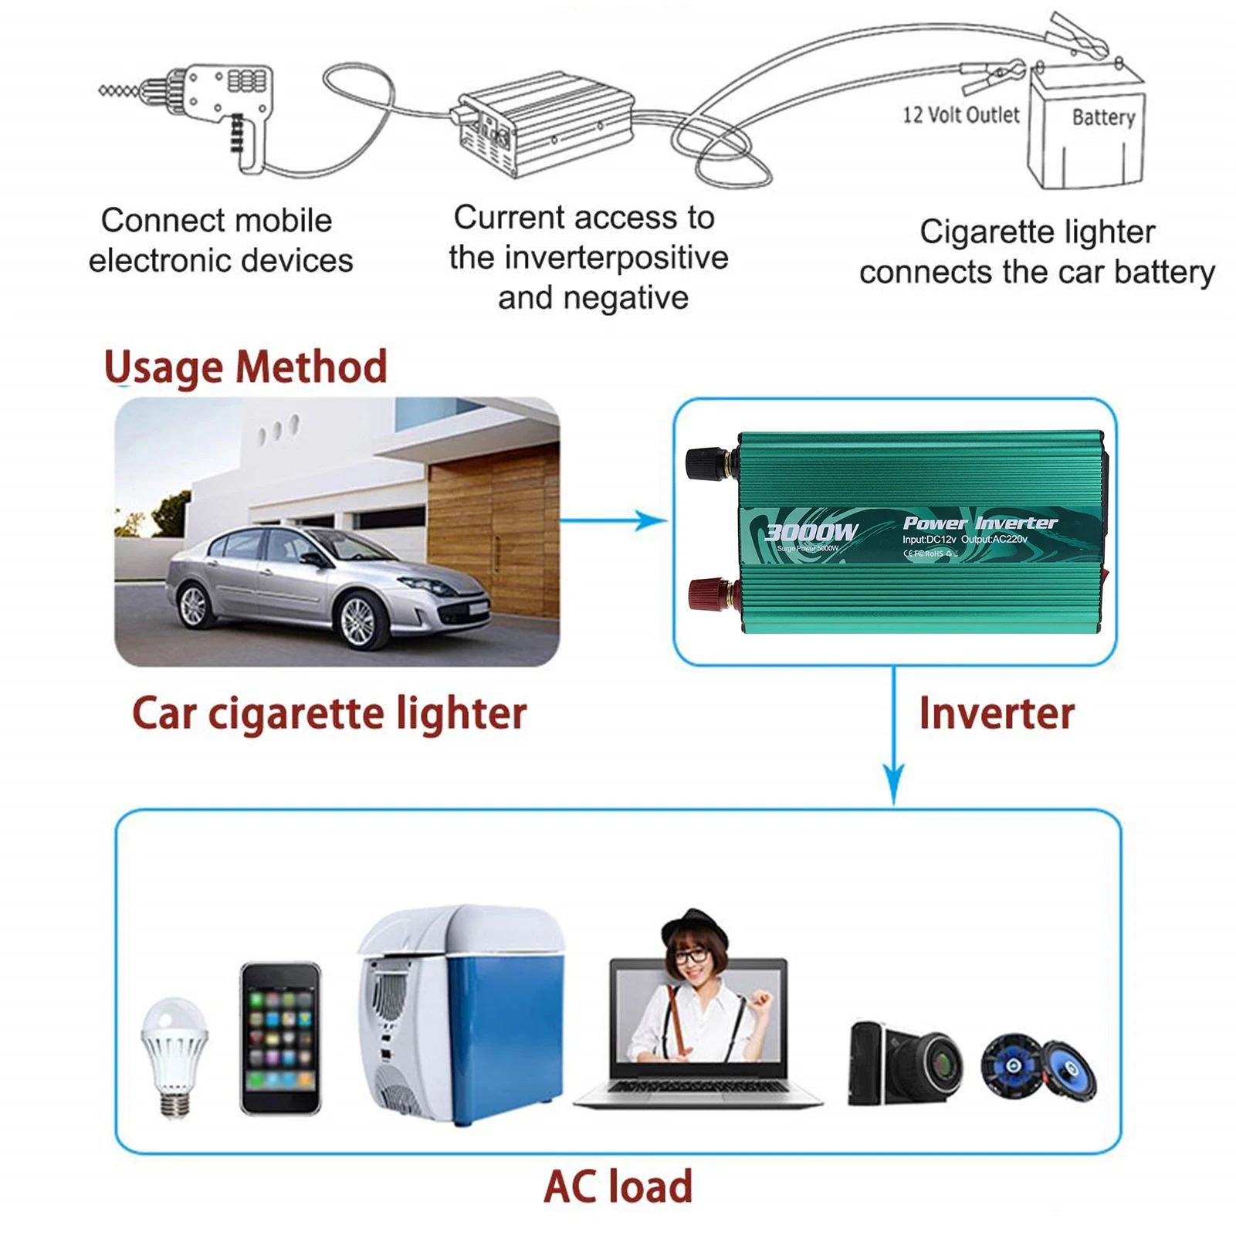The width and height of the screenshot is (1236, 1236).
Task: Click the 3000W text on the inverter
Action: coord(811,532)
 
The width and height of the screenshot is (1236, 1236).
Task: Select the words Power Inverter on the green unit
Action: coord(980,523)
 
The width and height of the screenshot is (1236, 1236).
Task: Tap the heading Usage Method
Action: coord(246,367)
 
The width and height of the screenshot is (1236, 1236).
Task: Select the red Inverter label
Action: coord(997,713)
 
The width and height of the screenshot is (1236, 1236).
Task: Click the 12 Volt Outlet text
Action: coord(961,115)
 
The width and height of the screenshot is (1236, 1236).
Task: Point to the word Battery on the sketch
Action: coord(1103,117)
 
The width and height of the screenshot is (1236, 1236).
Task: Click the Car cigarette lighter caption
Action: coord(330,713)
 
